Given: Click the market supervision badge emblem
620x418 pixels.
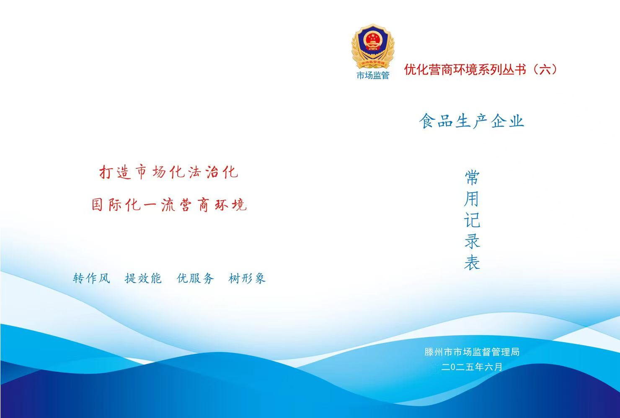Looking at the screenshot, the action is pos(373,46).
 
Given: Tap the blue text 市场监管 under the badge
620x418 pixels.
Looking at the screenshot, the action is pos(373,75).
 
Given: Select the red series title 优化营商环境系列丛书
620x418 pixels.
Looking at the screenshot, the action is pos(465,69).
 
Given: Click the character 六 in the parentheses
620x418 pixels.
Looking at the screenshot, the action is pos(545,69).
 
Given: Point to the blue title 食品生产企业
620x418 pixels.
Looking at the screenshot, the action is pos(472,121).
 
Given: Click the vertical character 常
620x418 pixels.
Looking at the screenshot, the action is pos(472,177).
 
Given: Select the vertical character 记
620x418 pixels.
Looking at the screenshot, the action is pos(472,220).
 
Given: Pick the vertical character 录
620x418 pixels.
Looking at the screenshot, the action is pos(472,241).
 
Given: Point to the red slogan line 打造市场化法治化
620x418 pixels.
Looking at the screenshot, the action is pos(168,172).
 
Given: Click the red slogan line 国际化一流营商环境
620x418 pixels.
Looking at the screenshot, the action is pos(169,205).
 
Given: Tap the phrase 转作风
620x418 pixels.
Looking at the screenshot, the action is pos(91,278).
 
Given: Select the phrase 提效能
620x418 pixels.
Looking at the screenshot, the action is pos(143,278).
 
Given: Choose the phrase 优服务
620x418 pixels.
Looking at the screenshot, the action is pos(195,278).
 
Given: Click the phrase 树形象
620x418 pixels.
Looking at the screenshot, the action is pos(247,278).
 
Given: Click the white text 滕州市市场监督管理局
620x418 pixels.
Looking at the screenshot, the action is pos(472,352).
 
